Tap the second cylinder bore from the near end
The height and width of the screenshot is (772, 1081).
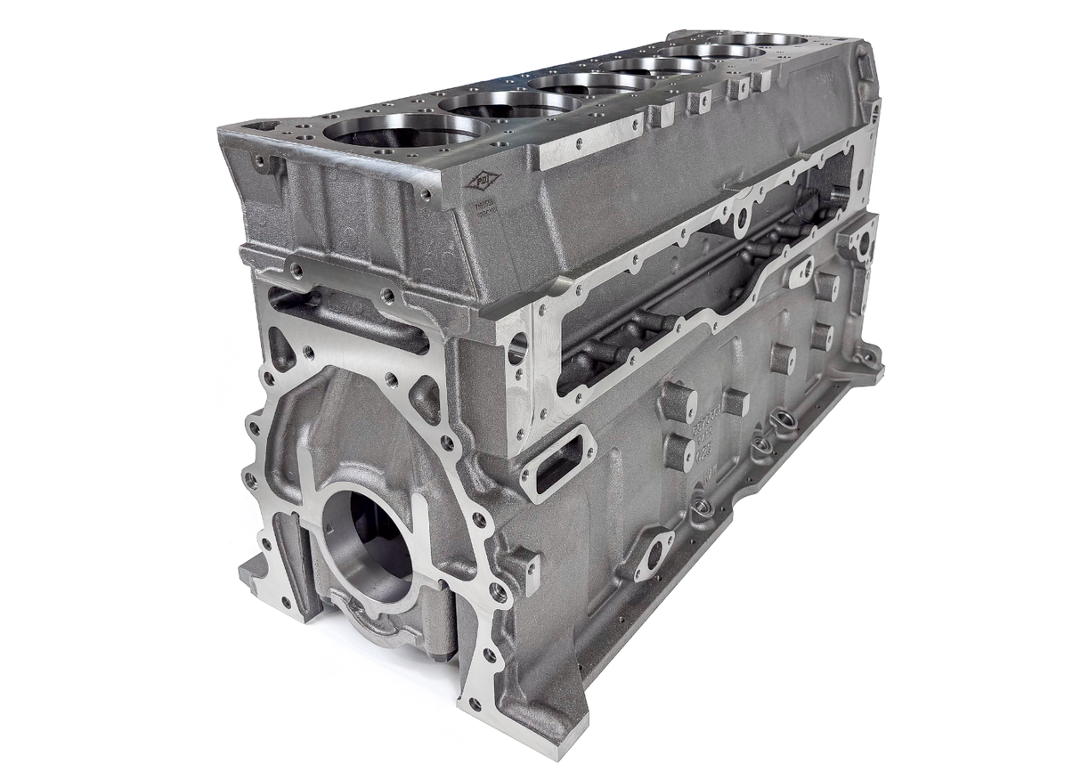tap(509, 104)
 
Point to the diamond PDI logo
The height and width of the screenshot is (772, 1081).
tap(483, 181)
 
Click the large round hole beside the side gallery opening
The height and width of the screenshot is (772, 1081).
tap(517, 347)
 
